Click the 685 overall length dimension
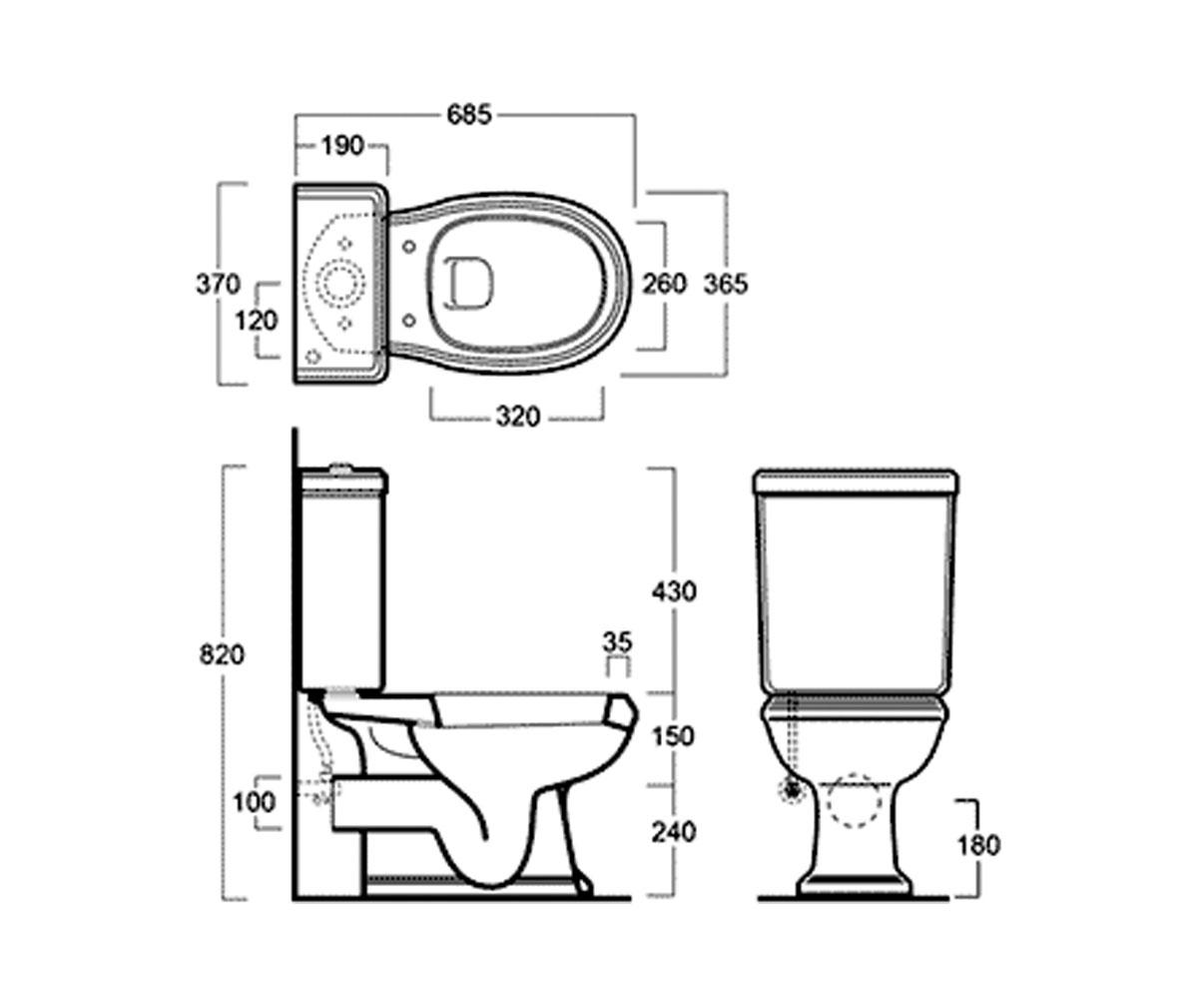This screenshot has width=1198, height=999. click(469, 115)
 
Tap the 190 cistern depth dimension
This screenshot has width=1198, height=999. click(342, 146)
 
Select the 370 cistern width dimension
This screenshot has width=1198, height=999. click(218, 284)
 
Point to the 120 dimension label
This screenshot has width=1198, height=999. click(256, 321)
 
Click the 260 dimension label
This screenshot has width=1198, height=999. click(664, 284)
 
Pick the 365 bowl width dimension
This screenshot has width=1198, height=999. click(726, 284)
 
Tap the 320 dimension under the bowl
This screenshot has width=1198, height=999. click(517, 417)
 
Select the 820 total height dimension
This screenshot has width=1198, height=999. click(222, 654)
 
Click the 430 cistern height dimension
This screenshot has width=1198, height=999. click(674, 591)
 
